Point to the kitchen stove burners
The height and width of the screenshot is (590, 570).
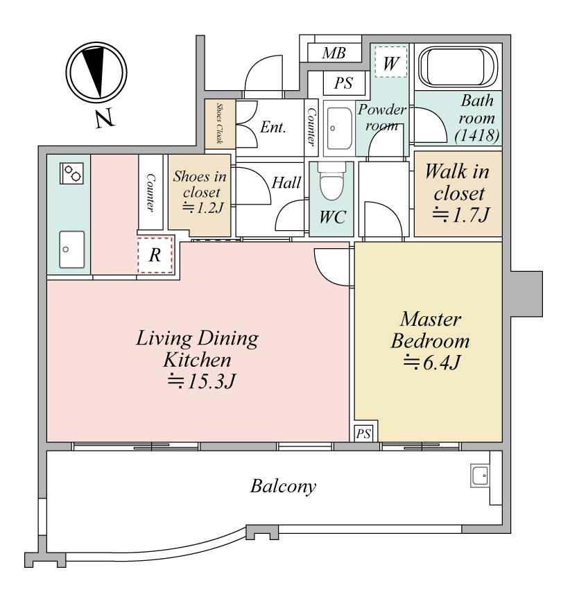[x=71, y=173]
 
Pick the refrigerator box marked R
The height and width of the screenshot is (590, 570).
[x=155, y=254]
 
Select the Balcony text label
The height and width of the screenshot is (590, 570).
[x=283, y=485]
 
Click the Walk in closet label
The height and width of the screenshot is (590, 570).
[x=455, y=182]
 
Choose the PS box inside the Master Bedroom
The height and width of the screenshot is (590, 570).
[x=363, y=433]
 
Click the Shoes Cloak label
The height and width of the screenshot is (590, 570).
[x=219, y=123]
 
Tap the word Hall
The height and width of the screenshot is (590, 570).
[x=286, y=183]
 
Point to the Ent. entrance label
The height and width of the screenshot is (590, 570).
[x=274, y=128]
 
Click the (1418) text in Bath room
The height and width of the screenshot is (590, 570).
[x=476, y=136]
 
